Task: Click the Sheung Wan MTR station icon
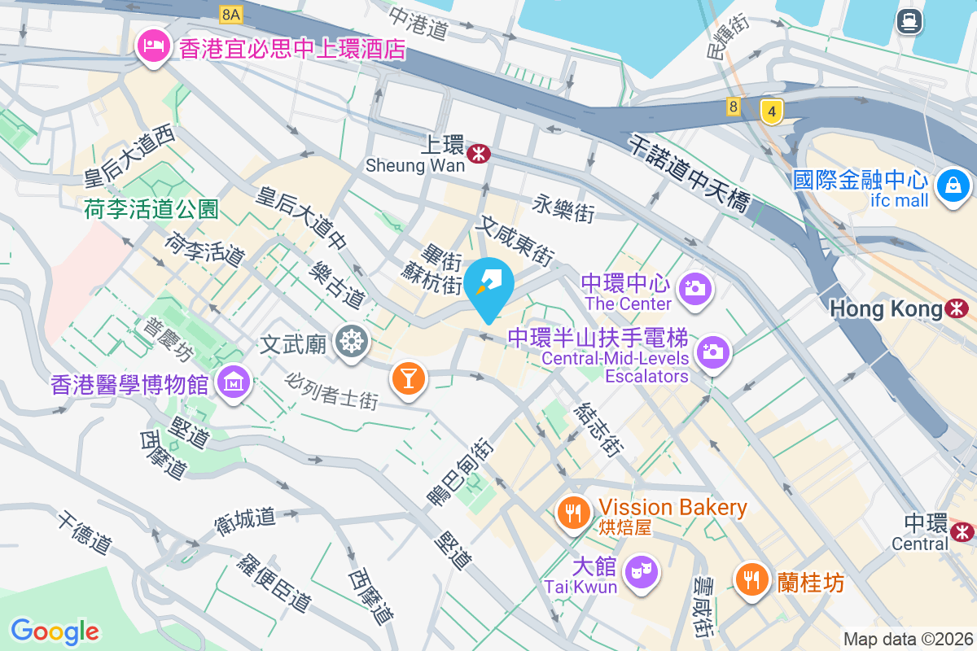click(x=480, y=151)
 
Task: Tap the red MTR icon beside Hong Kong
click(x=957, y=308)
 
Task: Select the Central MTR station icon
click(x=963, y=531)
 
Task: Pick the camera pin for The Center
click(x=694, y=289)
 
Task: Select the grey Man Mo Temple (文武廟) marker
click(x=352, y=342)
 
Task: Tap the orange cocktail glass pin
click(x=408, y=378)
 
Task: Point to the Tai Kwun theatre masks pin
click(x=642, y=572)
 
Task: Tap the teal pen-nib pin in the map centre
click(x=492, y=282)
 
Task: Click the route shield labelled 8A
click(x=231, y=14)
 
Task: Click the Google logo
click(x=55, y=631)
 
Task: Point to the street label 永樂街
click(x=564, y=208)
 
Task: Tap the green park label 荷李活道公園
click(x=151, y=210)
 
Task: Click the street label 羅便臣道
click(x=274, y=583)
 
